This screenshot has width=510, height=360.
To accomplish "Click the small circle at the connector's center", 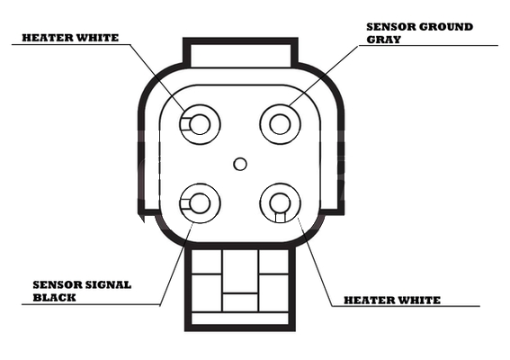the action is (x=240, y=164).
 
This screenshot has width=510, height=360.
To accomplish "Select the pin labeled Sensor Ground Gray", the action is (x=280, y=124).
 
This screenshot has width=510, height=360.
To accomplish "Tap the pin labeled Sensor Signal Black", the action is (x=200, y=203).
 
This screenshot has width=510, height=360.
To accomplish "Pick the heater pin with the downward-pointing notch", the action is (x=280, y=203).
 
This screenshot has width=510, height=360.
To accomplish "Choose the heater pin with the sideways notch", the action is (x=200, y=124).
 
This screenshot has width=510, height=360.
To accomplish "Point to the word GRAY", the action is (x=384, y=40).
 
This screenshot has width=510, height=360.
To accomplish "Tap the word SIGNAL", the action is (x=107, y=284).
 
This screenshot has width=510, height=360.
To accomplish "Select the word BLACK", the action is (x=54, y=297).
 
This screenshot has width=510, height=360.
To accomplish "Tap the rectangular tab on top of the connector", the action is (x=240, y=53).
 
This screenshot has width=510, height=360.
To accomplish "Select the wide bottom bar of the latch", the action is (x=240, y=319).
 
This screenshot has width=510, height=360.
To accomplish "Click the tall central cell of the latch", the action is (x=240, y=271).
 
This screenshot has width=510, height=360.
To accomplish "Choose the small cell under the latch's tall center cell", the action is (x=240, y=302).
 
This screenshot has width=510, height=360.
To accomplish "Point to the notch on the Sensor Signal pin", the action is (x=184, y=203).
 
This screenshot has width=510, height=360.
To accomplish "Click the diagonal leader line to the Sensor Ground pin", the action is (x=323, y=76).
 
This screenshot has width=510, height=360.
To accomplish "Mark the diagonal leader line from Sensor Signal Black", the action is (x=176, y=264).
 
